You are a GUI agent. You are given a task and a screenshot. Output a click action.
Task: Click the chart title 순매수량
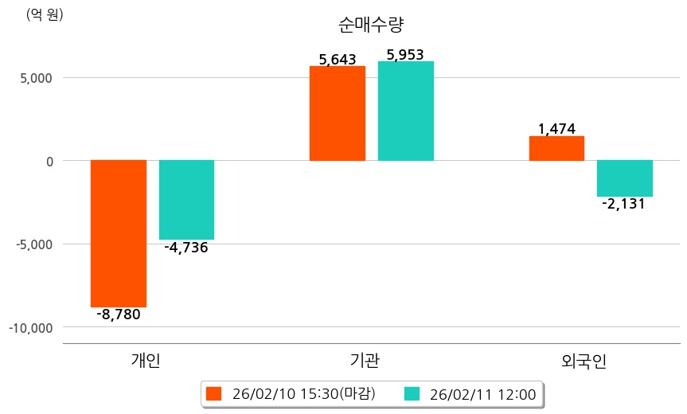(365, 24)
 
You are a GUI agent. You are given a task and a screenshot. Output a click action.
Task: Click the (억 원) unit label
(45, 14)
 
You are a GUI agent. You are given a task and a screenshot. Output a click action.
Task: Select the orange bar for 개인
(118, 233)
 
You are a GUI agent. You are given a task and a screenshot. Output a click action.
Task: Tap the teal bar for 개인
(186, 200)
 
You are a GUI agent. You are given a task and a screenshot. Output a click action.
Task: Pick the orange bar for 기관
(338, 113)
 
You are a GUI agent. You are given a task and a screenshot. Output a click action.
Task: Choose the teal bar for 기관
(405, 111)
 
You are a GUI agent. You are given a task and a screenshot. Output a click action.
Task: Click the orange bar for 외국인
(556, 148)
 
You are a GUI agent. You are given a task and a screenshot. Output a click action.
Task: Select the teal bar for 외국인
(625, 178)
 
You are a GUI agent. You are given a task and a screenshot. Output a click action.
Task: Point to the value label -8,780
(118, 314)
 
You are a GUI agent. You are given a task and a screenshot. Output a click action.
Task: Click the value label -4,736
(186, 248)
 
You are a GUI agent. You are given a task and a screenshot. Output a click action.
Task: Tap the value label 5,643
(338, 59)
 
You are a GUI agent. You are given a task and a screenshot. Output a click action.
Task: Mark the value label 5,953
(405, 55)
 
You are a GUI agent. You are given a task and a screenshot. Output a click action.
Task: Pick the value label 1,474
(556, 129)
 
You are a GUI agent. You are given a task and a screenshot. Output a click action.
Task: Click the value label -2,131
(624, 204)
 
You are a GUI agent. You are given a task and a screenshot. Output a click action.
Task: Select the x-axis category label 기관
(365, 361)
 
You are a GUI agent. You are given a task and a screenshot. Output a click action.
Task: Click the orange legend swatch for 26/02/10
(213, 393)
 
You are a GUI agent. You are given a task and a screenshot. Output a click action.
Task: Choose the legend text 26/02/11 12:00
(482, 393)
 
